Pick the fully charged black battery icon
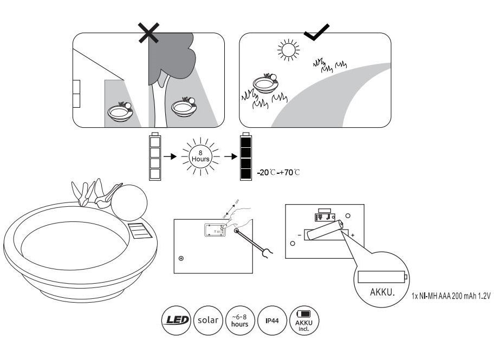coord(246,157)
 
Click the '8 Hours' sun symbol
coord(201,157)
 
